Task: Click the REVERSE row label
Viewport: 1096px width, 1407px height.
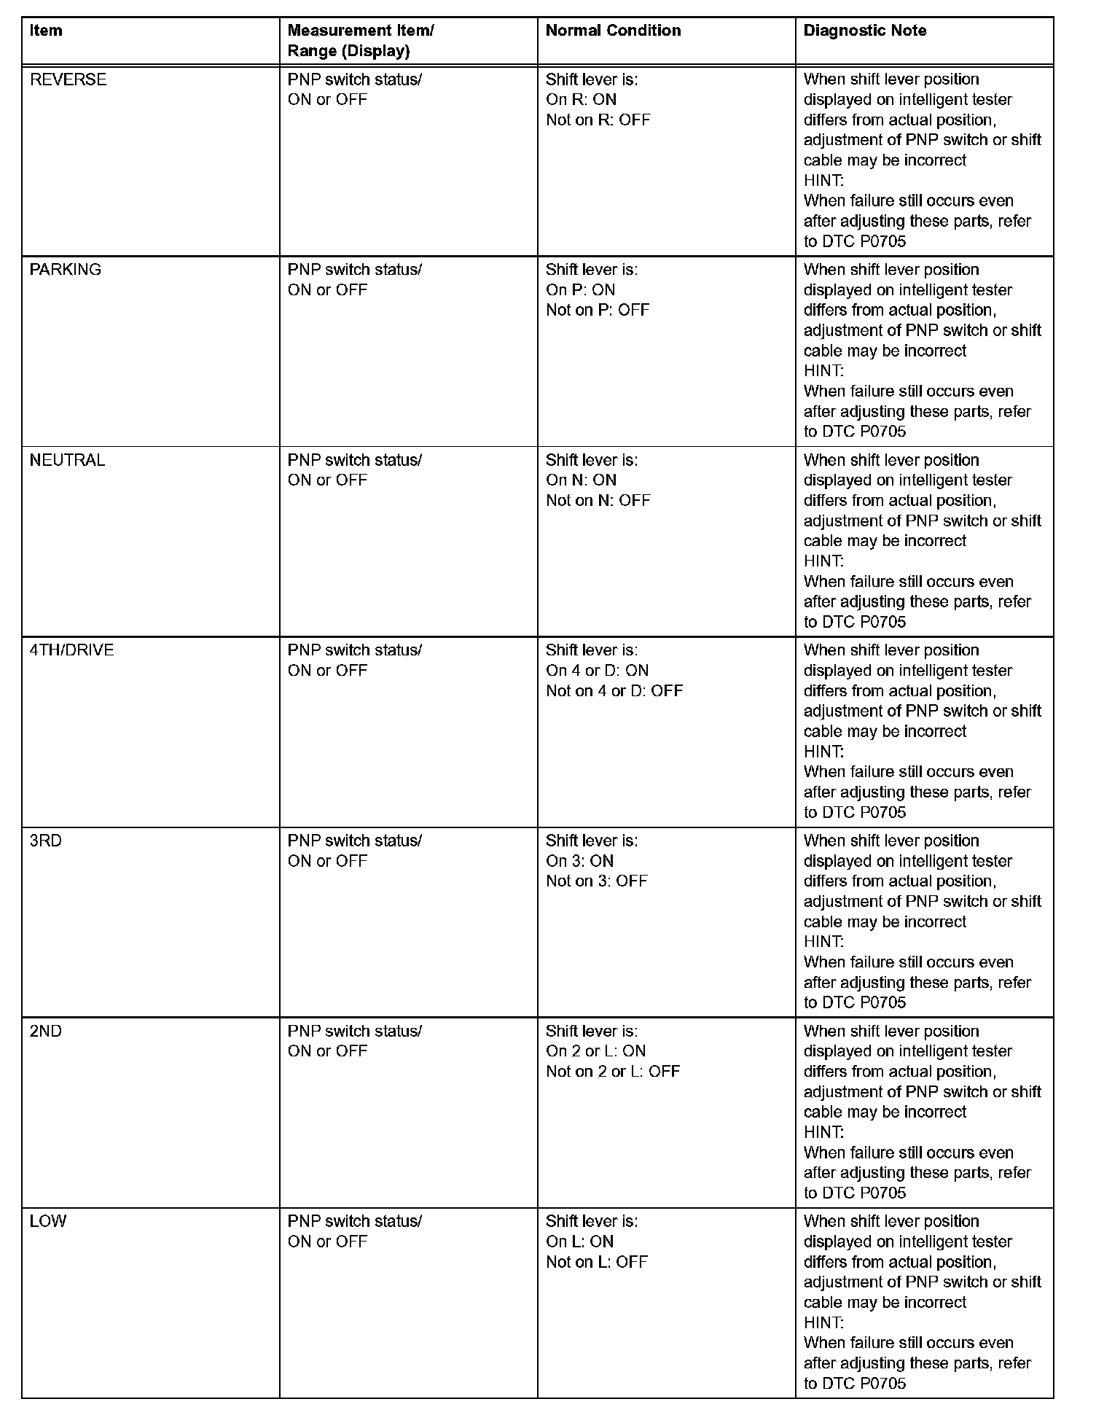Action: click(68, 79)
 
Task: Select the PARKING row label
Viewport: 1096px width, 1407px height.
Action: click(66, 270)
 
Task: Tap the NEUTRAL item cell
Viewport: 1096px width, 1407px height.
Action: click(67, 460)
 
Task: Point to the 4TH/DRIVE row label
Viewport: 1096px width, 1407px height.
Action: click(71, 650)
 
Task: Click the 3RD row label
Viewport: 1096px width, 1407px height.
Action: click(46, 841)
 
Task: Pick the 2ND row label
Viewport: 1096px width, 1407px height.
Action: click(46, 1031)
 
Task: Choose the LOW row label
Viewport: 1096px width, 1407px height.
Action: click(48, 1221)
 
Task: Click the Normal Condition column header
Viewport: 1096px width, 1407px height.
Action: click(613, 31)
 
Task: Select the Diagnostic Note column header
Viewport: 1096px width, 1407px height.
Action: click(865, 31)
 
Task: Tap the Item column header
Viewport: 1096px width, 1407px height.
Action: click(46, 31)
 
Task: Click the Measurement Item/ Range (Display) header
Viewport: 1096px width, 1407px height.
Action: click(361, 41)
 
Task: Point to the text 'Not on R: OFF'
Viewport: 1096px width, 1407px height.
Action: click(598, 120)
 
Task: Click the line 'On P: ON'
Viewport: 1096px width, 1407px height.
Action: click(580, 290)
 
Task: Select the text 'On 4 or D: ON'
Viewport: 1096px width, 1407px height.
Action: click(597, 671)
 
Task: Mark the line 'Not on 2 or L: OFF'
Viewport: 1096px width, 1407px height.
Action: click(613, 1072)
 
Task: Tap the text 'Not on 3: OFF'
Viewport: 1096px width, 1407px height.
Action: click(596, 881)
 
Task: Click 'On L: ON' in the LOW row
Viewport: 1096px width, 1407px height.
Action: click(579, 1242)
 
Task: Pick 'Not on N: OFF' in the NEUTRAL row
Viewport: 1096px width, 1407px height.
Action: click(598, 501)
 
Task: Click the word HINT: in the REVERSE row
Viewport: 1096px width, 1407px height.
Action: click(823, 181)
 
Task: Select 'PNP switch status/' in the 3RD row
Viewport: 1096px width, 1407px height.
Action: click(354, 841)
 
